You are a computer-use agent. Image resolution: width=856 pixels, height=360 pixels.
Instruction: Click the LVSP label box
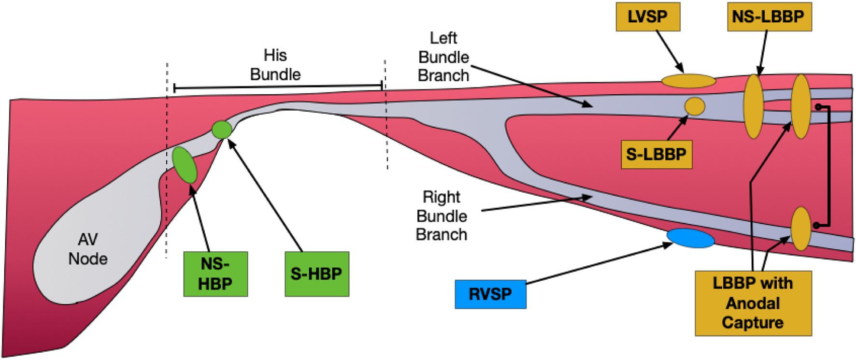point(648,17)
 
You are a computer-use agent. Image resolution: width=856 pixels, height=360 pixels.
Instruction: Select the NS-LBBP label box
point(769,17)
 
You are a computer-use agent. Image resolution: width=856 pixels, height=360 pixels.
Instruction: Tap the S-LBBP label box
point(656,155)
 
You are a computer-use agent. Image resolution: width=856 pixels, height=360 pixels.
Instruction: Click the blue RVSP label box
point(490,294)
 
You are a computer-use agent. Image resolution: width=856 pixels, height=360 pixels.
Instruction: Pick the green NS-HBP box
point(215,274)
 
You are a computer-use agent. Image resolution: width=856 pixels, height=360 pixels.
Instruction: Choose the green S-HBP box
point(317,274)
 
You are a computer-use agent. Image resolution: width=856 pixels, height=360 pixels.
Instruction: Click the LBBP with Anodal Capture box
point(753,303)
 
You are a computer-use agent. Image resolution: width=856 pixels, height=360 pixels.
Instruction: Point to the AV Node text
point(87,249)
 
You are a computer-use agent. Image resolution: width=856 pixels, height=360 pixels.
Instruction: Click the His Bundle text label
point(275,65)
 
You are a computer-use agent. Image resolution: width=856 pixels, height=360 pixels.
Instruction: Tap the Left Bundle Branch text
point(443,57)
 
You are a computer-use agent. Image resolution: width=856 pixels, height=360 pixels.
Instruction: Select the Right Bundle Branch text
point(442,216)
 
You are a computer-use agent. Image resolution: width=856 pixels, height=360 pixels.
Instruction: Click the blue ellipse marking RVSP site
point(690,238)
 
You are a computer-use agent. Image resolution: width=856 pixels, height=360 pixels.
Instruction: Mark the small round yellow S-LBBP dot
point(695,106)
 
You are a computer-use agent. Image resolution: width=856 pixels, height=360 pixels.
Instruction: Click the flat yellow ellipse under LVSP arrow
point(688,81)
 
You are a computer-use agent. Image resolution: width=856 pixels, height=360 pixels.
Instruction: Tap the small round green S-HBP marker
point(222,130)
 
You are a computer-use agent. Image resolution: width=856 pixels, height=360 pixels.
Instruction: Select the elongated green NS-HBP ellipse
point(185,165)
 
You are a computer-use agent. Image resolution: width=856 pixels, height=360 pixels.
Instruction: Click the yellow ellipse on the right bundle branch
point(800,228)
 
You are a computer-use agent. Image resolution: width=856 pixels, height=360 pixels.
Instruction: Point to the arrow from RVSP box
point(599,264)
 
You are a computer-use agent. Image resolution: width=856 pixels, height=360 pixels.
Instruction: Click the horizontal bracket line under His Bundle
point(278,87)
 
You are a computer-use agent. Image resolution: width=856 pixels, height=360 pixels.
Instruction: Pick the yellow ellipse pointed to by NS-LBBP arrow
point(754,106)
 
